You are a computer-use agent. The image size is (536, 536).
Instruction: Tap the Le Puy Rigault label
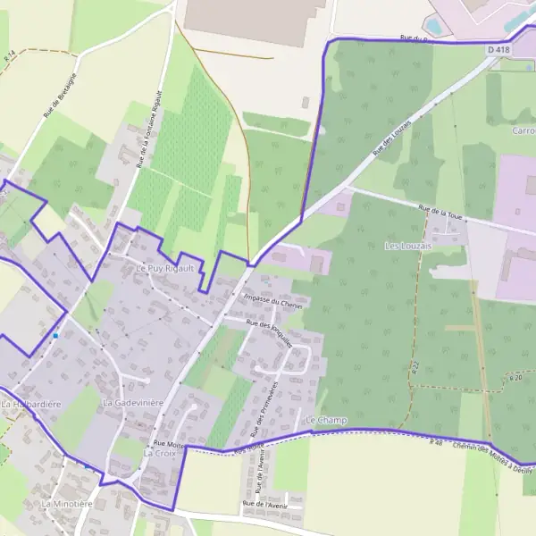point(164,267)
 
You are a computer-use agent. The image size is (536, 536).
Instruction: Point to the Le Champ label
point(325,420)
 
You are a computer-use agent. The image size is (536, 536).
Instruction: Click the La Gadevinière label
point(133,403)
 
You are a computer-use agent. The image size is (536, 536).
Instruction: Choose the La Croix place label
point(159,453)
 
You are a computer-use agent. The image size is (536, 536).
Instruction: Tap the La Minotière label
point(67,504)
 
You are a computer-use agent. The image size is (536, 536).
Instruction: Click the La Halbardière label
point(32,405)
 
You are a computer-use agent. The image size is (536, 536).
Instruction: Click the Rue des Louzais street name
point(393,138)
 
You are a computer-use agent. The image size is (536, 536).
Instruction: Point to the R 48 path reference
point(436,442)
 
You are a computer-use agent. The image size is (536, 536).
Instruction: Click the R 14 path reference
point(10,55)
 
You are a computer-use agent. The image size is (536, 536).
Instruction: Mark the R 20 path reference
point(515,378)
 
